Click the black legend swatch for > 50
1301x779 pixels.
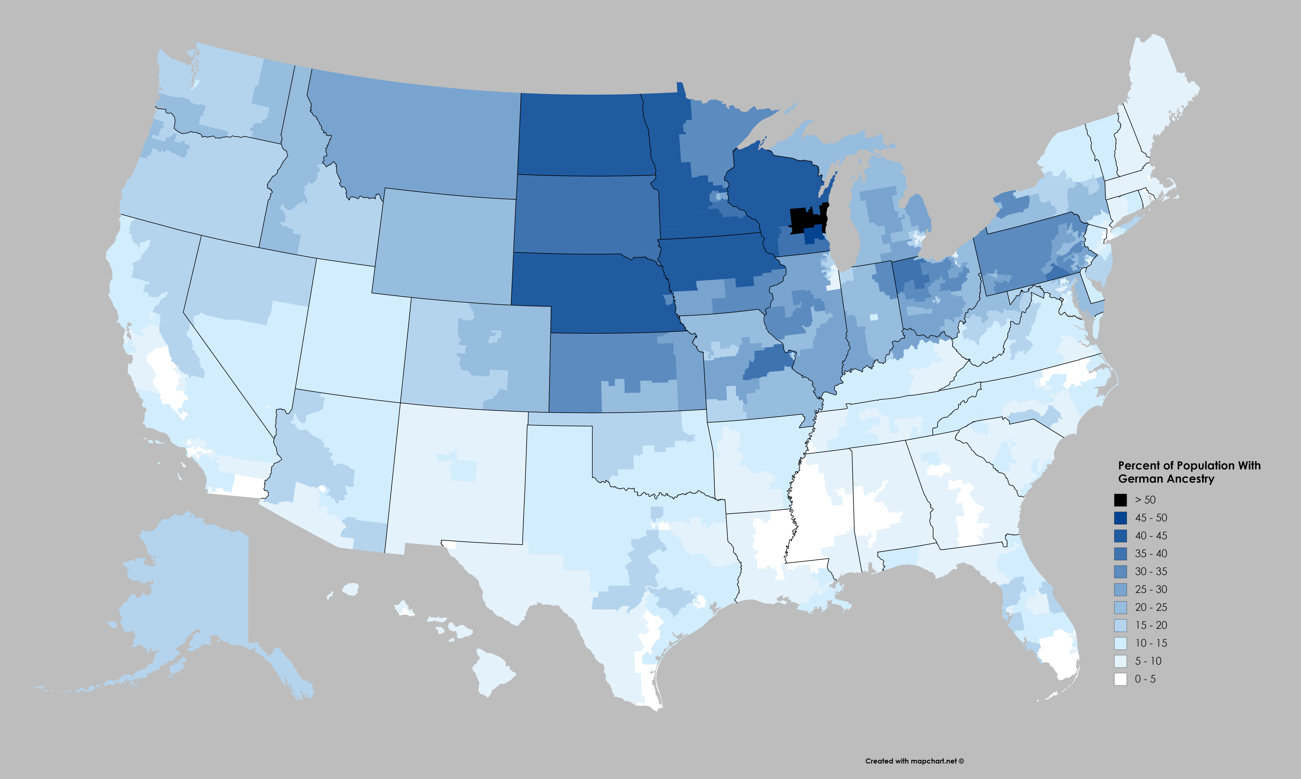tap(1120, 500)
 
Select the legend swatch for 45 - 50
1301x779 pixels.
tap(1120, 518)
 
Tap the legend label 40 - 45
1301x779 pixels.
tap(1151, 535)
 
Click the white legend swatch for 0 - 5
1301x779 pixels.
tap(1120, 679)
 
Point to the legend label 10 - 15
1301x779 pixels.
tap(1151, 643)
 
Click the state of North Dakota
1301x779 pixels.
tap(583, 134)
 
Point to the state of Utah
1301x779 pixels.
tap(352, 336)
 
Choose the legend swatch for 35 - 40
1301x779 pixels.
tap(1120, 553)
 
